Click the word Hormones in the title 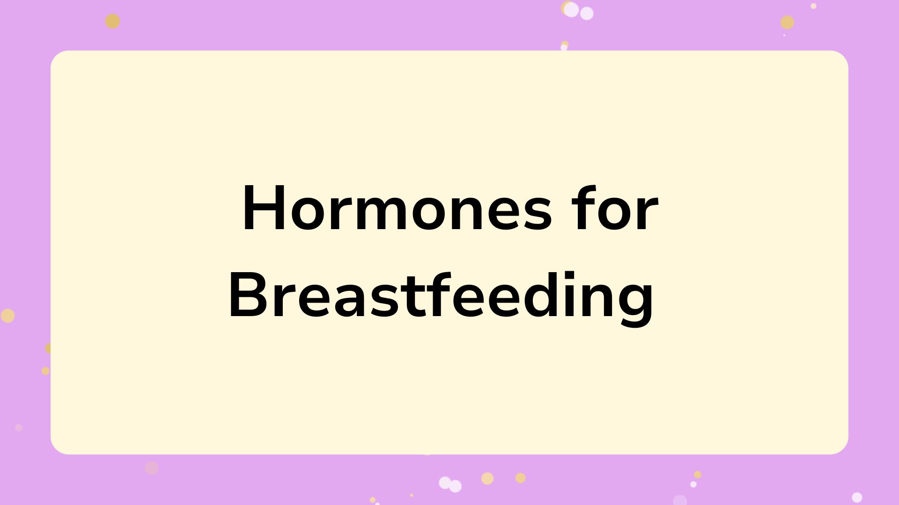[x=397, y=209]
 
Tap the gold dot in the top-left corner [x=112, y=21]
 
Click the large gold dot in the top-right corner [x=788, y=22]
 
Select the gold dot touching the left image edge [x=7, y=316]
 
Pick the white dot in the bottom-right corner [x=857, y=497]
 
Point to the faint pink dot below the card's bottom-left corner [x=152, y=468]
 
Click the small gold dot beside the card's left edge [x=45, y=371]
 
